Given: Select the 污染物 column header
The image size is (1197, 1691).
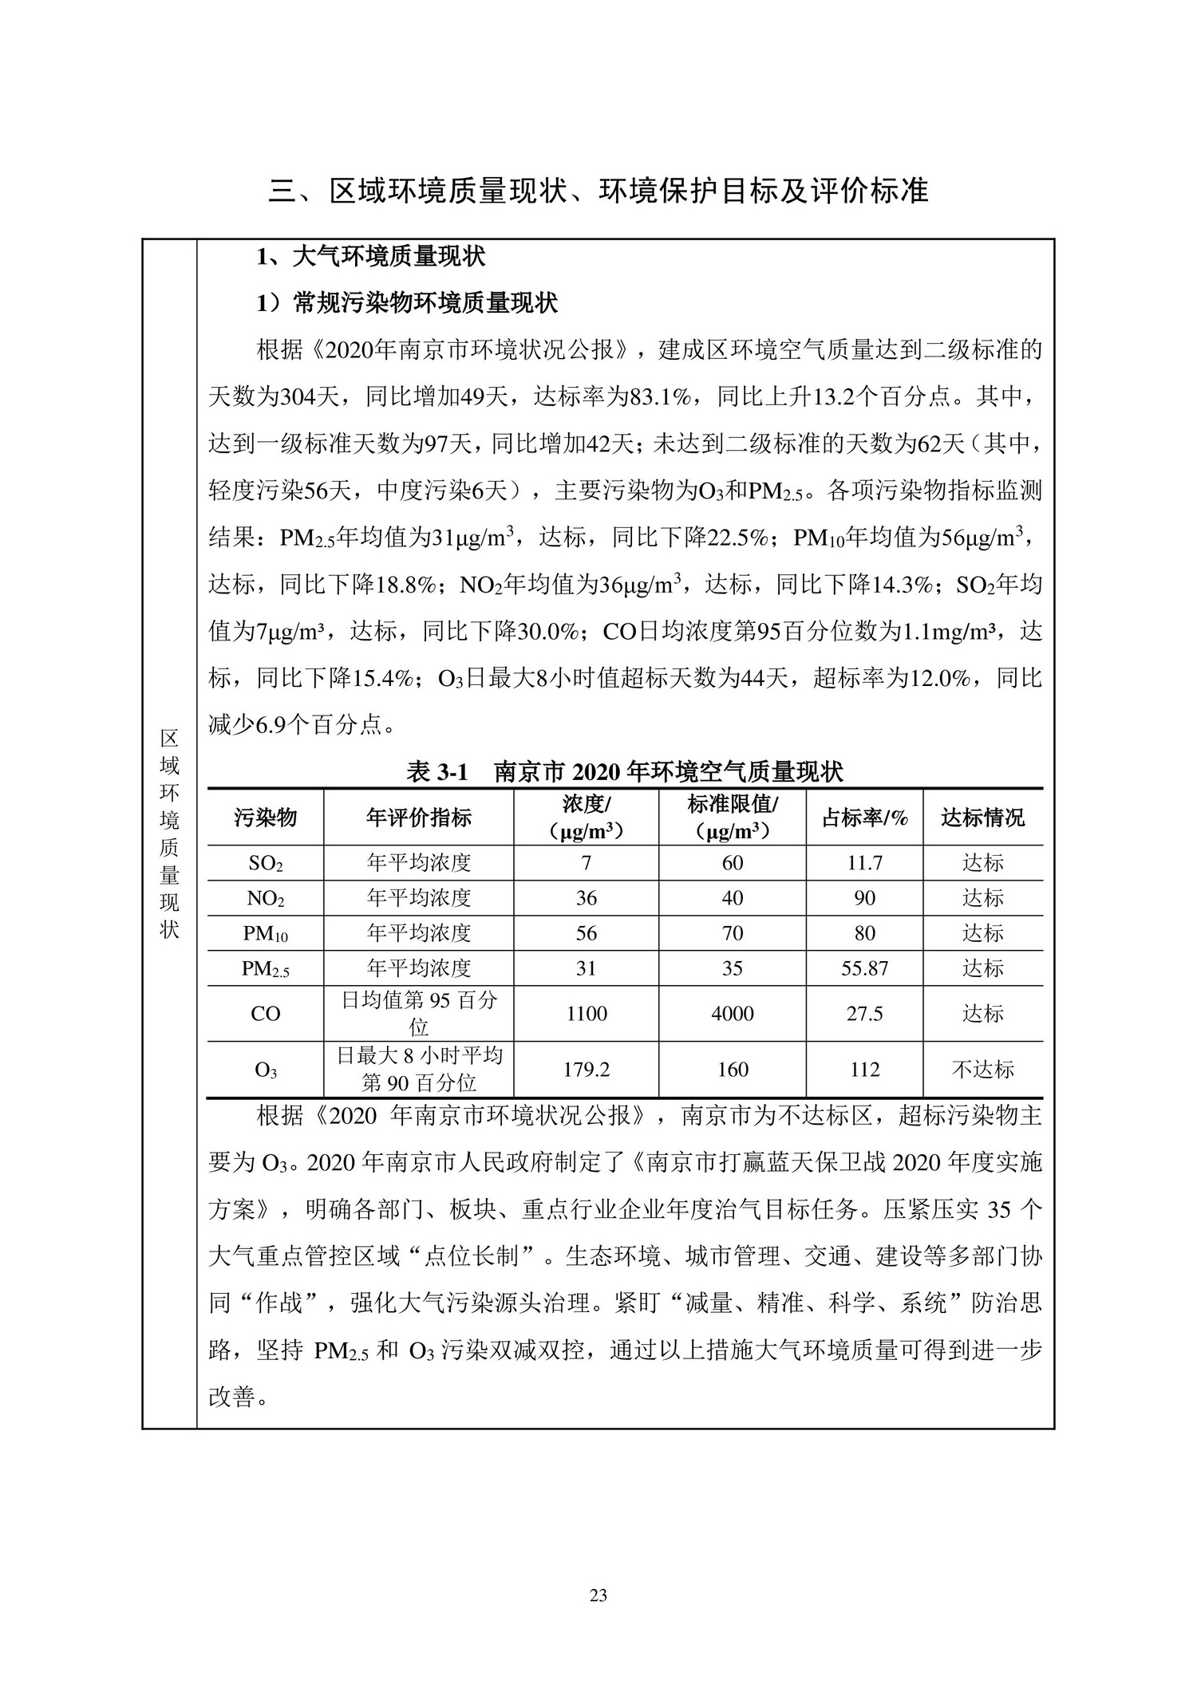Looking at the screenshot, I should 266,817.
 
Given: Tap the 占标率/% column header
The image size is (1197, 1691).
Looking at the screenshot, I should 864,817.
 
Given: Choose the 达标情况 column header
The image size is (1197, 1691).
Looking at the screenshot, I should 982,817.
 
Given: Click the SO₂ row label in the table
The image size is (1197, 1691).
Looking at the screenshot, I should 266,863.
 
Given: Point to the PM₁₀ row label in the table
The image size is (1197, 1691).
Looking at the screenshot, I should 266,933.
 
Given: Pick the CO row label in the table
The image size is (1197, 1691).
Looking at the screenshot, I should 266,1014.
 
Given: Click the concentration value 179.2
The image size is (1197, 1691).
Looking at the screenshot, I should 587,1069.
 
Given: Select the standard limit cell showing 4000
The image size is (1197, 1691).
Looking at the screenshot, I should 733,1014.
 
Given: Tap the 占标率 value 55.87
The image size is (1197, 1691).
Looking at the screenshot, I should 864,968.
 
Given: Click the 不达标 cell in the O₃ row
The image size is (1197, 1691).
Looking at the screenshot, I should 982,1069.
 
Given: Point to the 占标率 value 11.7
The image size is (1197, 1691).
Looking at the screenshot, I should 864,863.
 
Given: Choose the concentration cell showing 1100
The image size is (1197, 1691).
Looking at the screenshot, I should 587,1014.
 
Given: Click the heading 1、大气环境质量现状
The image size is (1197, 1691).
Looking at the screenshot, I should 370,257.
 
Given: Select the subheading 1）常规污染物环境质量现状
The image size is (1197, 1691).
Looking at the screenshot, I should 407,303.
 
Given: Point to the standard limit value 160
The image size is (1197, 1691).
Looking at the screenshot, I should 733,1069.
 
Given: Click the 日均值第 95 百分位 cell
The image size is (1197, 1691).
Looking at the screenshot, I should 419,1013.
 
